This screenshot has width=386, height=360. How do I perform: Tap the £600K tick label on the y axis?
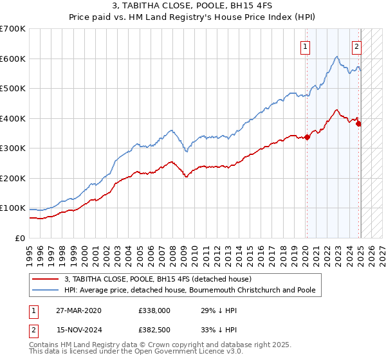click(13, 59)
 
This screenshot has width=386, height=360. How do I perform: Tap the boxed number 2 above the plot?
click(356, 46)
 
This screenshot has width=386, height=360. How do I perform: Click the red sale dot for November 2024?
click(358, 123)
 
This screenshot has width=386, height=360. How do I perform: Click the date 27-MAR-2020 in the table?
click(78, 310)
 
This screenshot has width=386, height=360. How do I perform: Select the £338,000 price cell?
click(155, 310)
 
